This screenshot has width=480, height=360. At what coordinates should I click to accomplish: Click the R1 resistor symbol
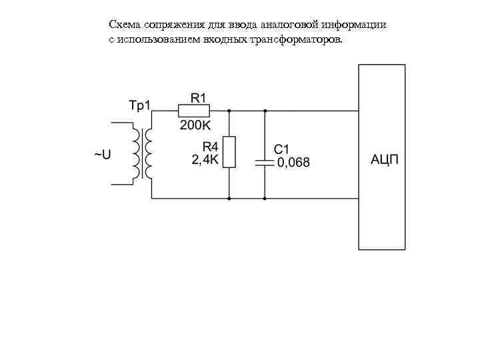[194, 111]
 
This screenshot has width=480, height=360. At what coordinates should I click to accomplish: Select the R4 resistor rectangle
[229, 152]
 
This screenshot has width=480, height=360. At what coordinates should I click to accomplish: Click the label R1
[199, 97]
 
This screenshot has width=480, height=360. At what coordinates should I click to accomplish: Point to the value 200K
[195, 125]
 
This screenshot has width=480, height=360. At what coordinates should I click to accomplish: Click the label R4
[210, 147]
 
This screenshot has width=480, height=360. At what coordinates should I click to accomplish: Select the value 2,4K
[205, 160]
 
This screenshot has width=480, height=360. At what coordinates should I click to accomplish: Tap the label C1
[281, 149]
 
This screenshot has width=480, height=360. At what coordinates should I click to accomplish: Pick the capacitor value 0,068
[293, 163]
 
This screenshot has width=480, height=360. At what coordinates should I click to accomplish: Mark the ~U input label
[101, 155]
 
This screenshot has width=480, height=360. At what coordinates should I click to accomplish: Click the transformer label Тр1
[140, 105]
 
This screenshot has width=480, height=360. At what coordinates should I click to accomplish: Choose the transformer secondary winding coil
[149, 154]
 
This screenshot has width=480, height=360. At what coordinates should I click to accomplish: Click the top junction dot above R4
[229, 111]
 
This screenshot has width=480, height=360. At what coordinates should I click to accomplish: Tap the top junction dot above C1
[265, 111]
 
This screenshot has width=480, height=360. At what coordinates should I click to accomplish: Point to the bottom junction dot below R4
[229, 199]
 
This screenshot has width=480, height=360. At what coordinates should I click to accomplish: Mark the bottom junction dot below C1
[265, 199]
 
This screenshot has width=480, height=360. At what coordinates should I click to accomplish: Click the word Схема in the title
[124, 25]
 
